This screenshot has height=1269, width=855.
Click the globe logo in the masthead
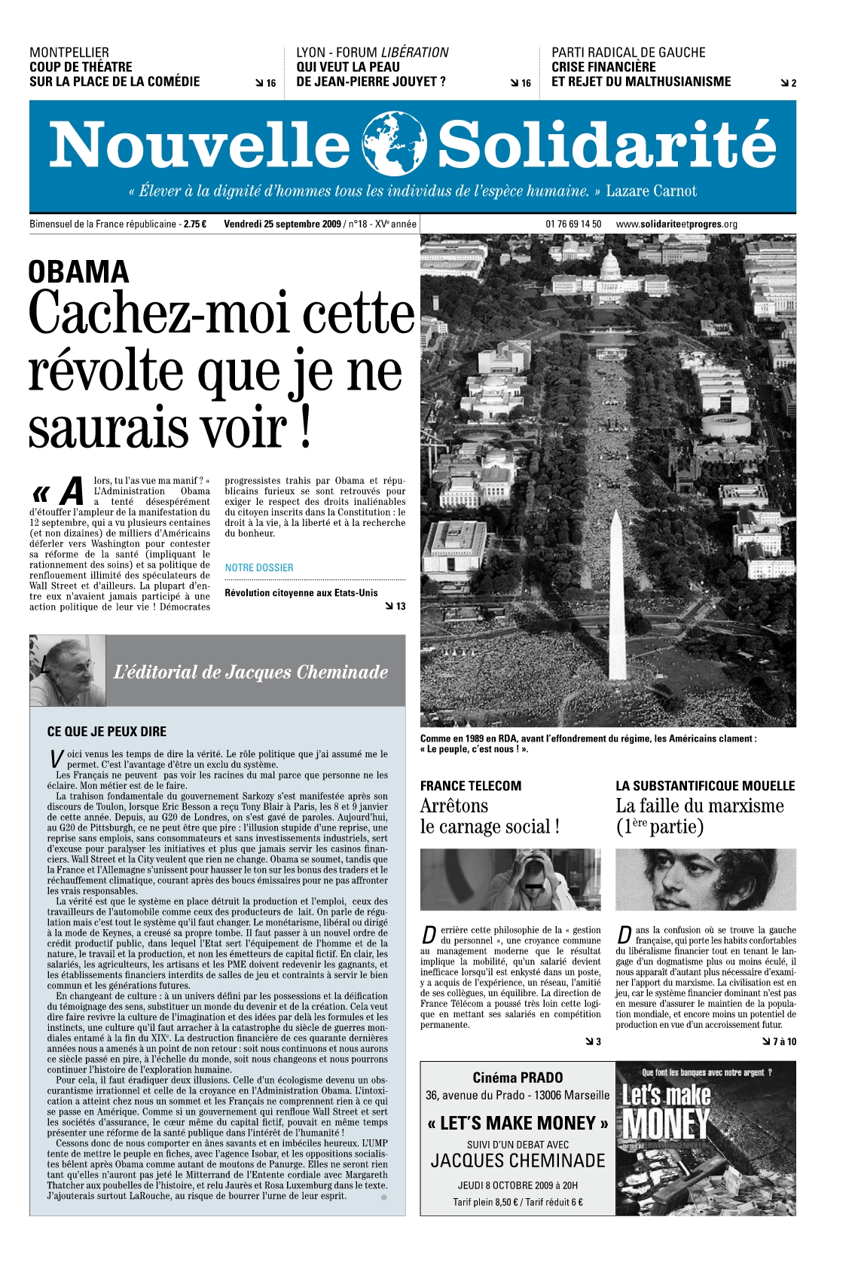(x=394, y=143)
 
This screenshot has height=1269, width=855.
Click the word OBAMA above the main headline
(x=79, y=272)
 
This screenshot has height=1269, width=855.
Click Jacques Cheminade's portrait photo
(x=68, y=671)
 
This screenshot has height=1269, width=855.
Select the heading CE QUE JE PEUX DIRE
(x=107, y=731)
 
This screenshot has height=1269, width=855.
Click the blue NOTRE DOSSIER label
(x=259, y=567)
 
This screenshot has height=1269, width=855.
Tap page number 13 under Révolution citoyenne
(x=400, y=606)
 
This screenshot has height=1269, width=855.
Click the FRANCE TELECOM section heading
(x=471, y=785)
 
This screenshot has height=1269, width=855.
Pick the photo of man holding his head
(x=511, y=879)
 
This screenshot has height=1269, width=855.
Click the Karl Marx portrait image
(x=705, y=879)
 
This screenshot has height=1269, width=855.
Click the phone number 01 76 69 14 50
(x=573, y=224)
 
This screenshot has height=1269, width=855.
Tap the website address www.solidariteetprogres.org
(x=676, y=224)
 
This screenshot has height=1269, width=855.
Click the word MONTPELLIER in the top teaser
(x=69, y=53)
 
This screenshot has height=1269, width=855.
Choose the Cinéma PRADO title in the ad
(x=518, y=1078)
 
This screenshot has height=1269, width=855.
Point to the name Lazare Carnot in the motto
(x=651, y=191)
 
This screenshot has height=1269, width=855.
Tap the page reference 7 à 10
(x=783, y=1041)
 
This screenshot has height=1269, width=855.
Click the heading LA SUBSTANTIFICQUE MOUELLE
(x=705, y=785)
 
